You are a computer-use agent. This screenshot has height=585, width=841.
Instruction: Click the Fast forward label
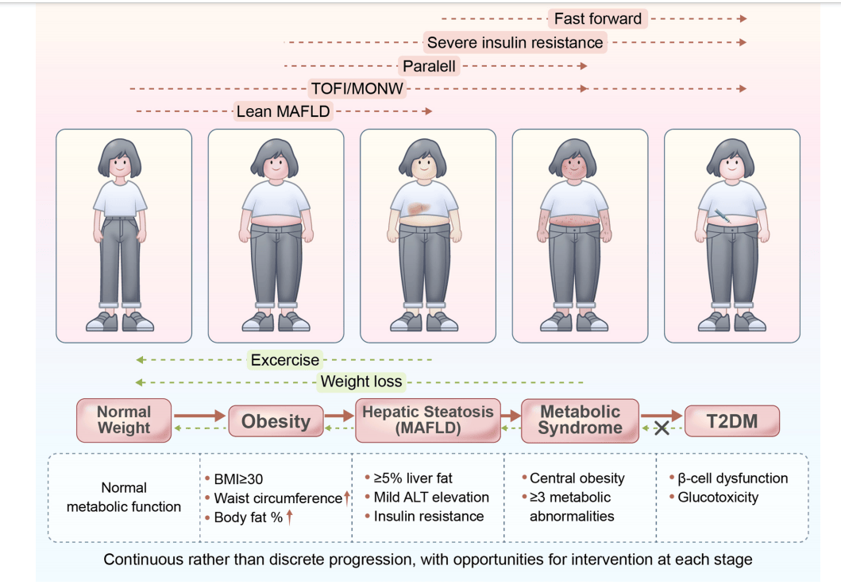click(597, 18)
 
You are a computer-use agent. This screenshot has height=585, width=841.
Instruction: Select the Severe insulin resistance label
click(515, 42)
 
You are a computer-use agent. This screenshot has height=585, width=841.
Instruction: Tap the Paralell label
click(429, 66)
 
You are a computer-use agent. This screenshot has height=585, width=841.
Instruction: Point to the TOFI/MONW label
click(357, 88)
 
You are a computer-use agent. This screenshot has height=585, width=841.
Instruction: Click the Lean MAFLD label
click(283, 111)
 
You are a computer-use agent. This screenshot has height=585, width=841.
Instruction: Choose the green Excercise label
click(284, 360)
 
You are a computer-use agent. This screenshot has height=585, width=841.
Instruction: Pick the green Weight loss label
click(361, 382)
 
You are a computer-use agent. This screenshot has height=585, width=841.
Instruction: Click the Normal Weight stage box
click(124, 420)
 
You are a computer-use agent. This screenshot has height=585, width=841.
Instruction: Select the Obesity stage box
click(276, 420)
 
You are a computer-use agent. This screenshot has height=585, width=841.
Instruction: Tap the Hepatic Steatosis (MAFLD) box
click(428, 420)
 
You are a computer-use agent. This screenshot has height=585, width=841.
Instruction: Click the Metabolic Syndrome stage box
click(581, 420)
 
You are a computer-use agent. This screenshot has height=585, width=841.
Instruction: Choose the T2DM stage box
click(732, 420)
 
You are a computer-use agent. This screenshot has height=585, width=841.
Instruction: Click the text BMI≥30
click(238, 479)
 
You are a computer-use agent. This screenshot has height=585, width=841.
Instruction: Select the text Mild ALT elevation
click(431, 498)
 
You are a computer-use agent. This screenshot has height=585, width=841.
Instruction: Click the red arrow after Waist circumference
click(347, 498)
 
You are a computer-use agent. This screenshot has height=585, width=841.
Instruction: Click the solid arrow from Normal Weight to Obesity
click(199, 415)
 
